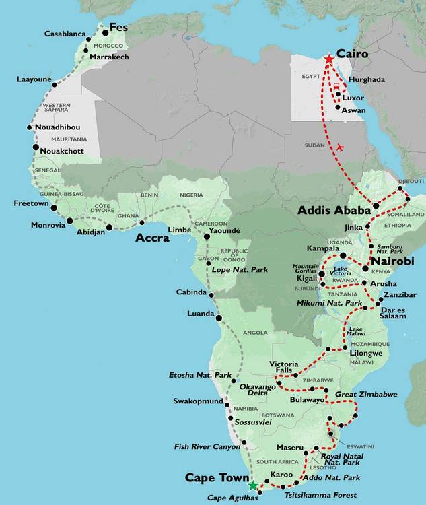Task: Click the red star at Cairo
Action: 328,59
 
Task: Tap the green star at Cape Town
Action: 252,485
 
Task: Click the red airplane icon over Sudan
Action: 340,147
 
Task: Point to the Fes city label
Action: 118,28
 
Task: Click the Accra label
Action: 152,238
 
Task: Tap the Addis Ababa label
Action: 334,211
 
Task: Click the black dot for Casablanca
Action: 87,33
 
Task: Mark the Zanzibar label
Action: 400,296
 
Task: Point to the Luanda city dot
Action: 218,316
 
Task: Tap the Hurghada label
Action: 367,79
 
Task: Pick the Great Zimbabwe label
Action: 366,394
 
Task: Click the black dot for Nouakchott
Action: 35,147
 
